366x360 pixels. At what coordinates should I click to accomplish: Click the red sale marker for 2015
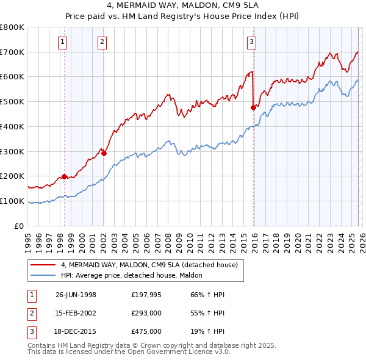(253, 107)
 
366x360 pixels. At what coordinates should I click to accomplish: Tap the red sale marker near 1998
(64, 177)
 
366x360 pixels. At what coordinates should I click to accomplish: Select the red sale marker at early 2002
(104, 153)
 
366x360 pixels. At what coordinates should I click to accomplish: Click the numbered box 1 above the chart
(63, 41)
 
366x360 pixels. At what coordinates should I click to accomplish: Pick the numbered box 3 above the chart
(251, 41)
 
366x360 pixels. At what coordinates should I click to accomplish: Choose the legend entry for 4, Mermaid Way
(152, 265)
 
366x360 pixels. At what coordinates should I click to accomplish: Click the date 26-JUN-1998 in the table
(76, 295)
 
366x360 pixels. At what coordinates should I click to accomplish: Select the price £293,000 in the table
(146, 313)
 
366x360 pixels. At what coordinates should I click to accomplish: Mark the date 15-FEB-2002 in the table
(76, 313)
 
